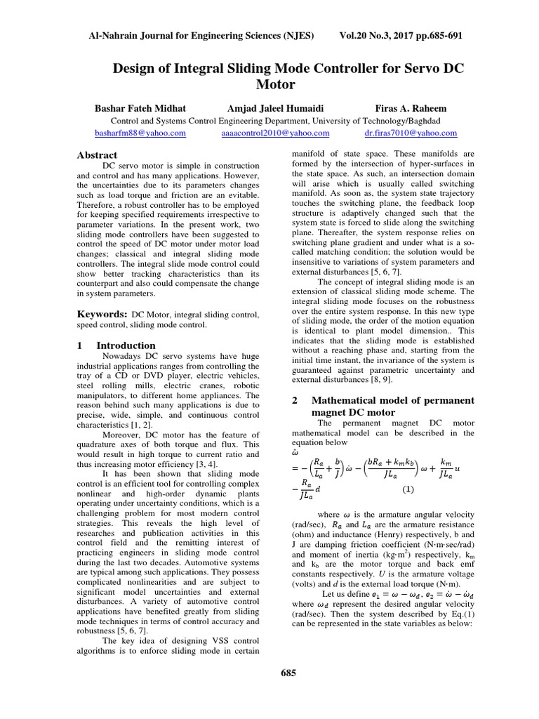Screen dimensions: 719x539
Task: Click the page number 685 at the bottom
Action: tap(288, 673)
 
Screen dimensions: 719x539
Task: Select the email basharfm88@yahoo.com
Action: tap(140, 133)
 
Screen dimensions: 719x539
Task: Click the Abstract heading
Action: tap(98, 154)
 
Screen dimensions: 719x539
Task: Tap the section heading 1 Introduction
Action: tap(117, 345)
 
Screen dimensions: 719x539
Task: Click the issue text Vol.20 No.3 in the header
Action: tap(372, 35)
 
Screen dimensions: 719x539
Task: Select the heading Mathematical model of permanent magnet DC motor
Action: tap(382, 406)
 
